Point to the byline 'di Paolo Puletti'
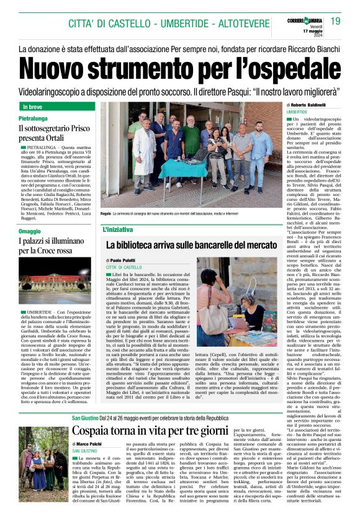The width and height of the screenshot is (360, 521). (x=122, y=260)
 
